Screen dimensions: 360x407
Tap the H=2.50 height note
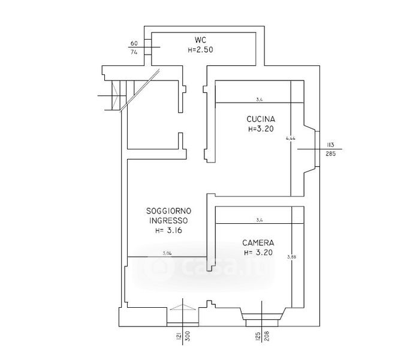pos(200,50)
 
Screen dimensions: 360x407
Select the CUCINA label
pos(261,119)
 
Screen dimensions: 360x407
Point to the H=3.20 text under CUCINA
pos(261,128)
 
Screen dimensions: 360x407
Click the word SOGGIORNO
pos(168,211)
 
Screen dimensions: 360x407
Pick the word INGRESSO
pos(168,220)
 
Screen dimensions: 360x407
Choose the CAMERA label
pos(258,243)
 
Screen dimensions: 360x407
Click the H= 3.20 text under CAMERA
pos(258,253)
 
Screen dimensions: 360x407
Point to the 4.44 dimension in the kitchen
pos(291,138)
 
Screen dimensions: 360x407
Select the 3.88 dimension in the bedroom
pos(292,257)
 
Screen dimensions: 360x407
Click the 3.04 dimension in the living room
pos(168,254)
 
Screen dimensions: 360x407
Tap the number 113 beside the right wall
pos(330,144)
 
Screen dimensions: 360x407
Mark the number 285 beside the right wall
pos(330,153)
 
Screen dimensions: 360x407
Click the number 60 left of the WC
pos(134,43)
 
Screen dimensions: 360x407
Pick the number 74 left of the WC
pos(134,52)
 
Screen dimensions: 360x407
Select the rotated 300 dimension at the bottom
pos(187,338)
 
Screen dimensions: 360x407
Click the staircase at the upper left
pos(114,95)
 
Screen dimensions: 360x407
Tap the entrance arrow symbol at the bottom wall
pos(183,307)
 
